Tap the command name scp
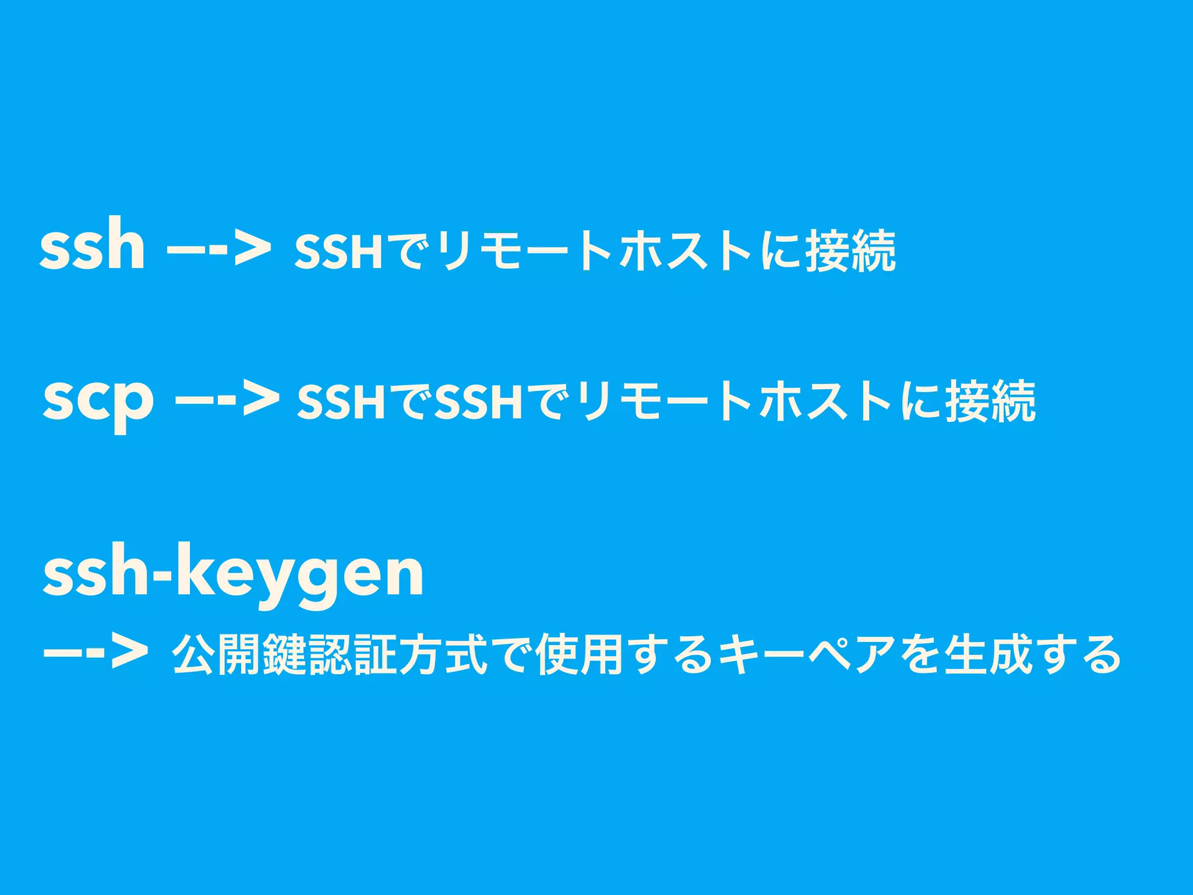(98, 399)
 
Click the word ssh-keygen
(233, 574)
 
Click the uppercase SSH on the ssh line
(338, 252)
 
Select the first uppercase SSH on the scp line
(341, 402)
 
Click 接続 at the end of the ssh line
(850, 251)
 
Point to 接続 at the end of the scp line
(990, 401)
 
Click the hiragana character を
(920, 655)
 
